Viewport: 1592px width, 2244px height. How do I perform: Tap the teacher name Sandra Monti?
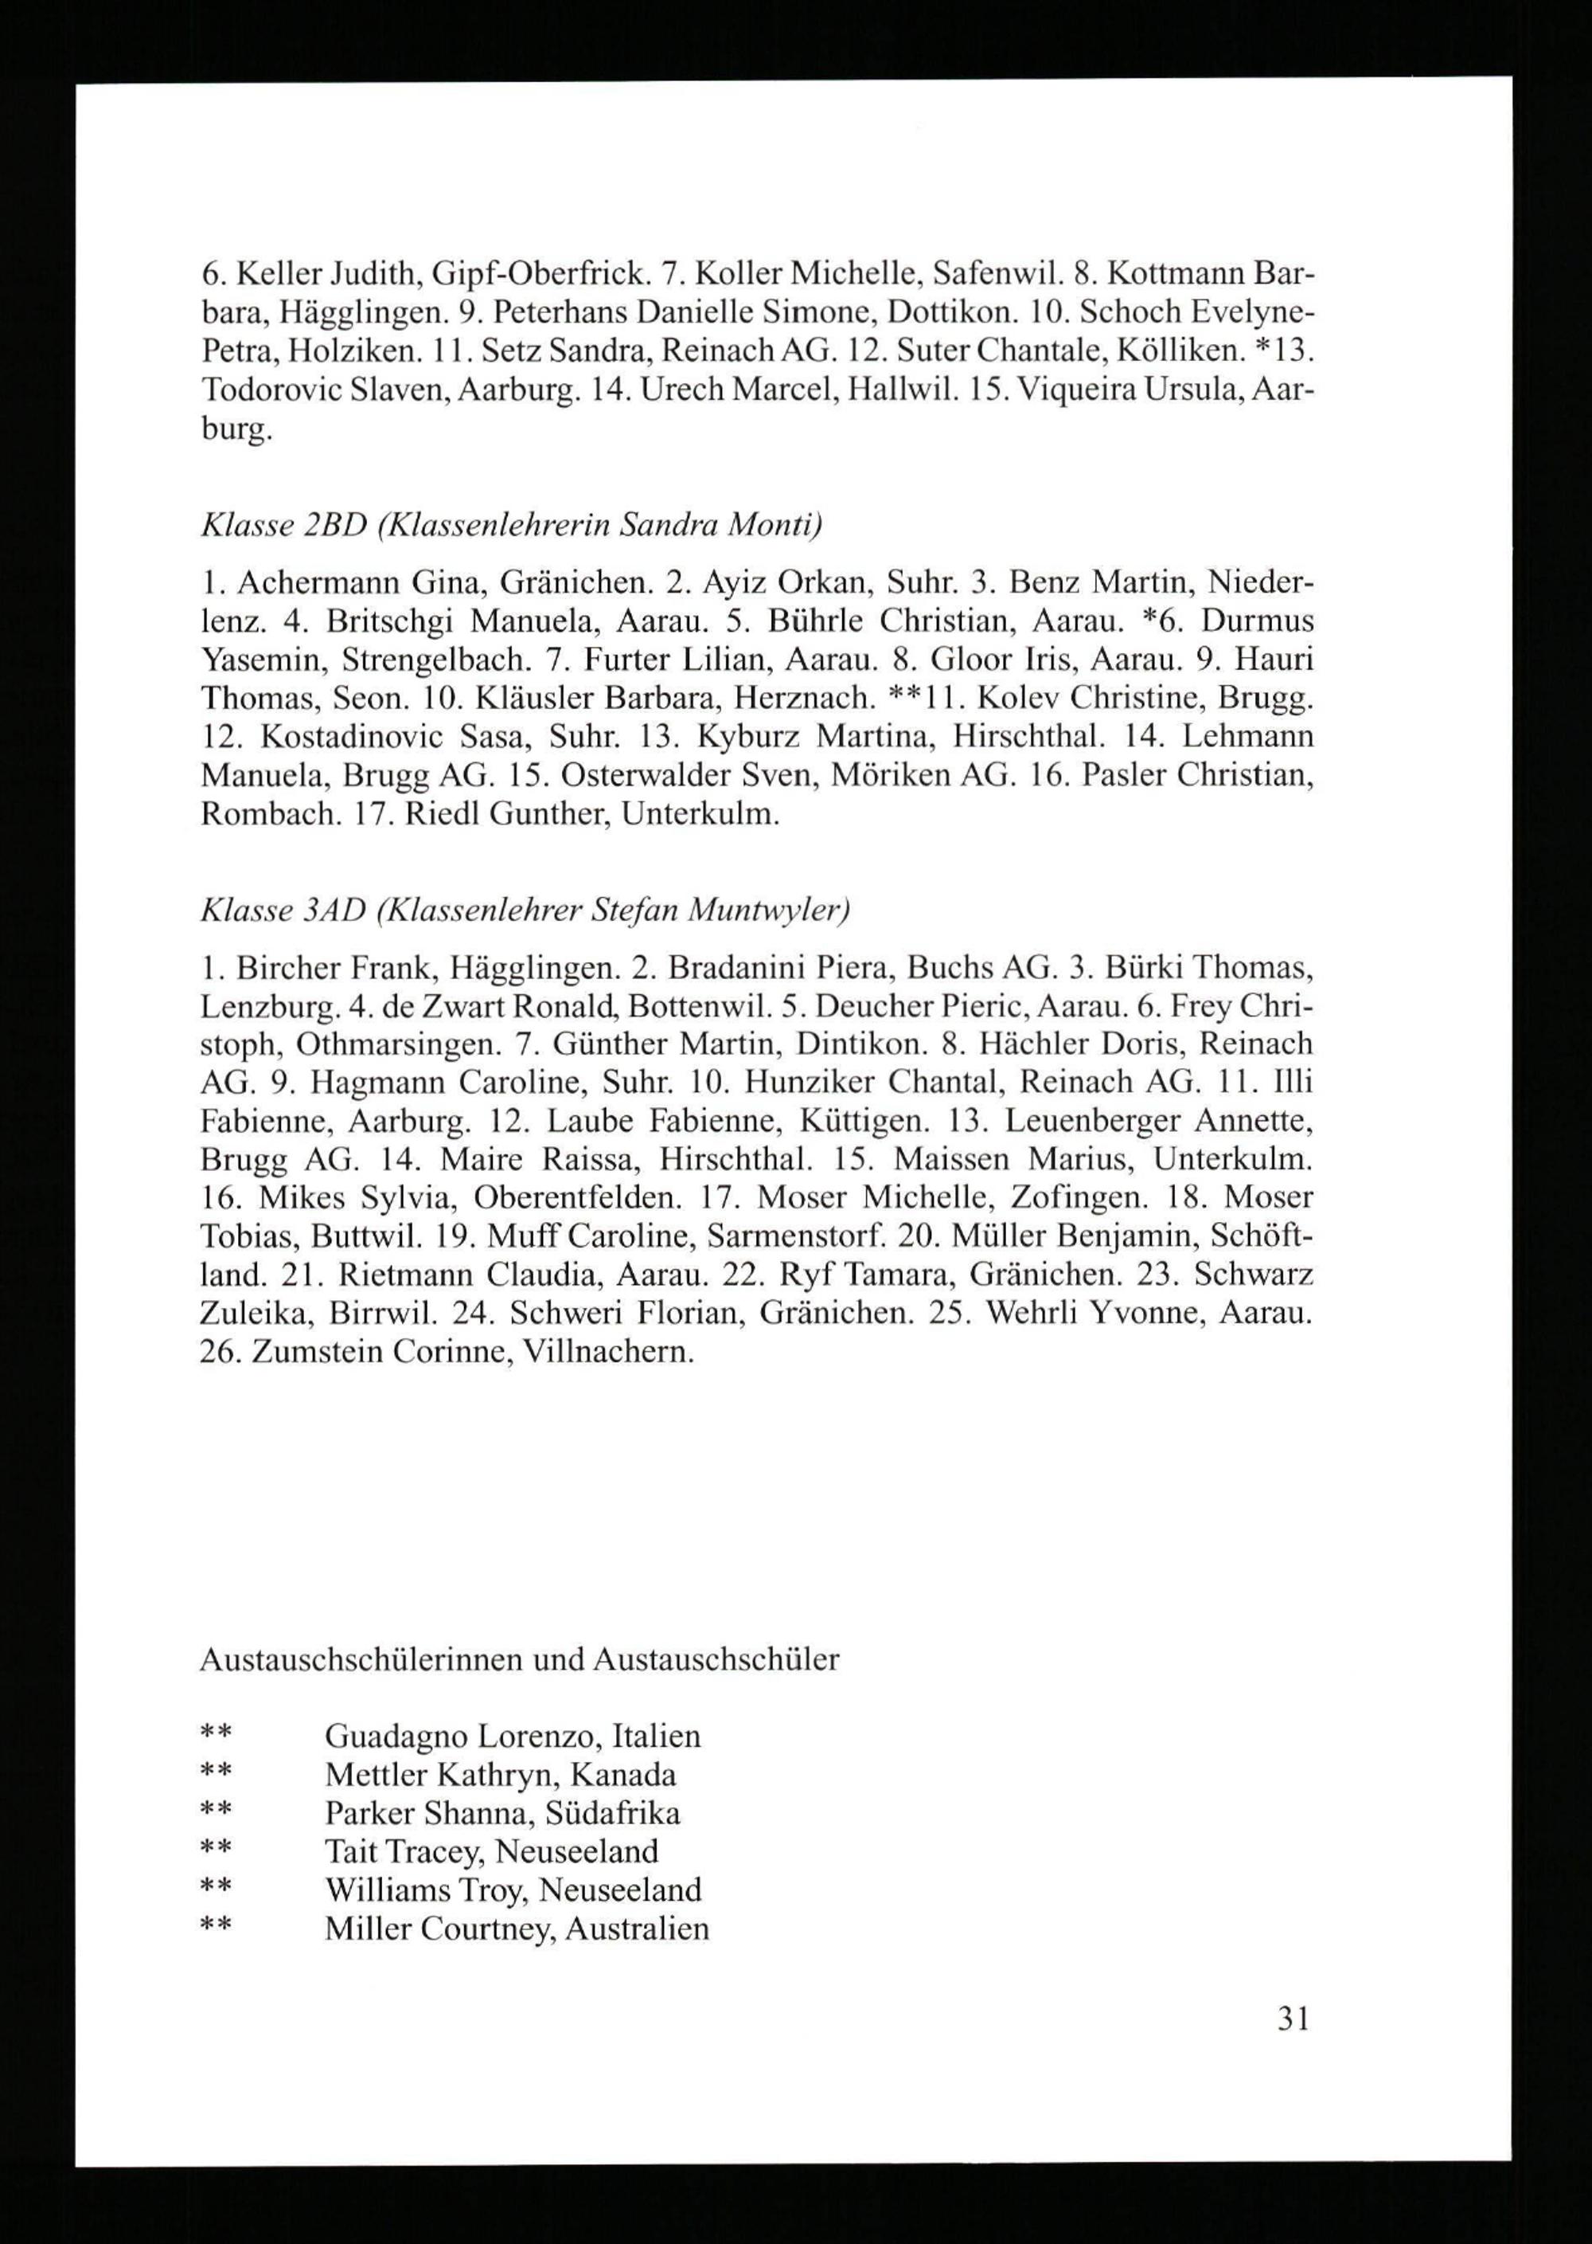tap(720, 526)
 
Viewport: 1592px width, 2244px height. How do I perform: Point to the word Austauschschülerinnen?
tap(363, 1659)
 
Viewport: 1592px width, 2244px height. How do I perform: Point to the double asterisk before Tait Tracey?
tap(216, 1852)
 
